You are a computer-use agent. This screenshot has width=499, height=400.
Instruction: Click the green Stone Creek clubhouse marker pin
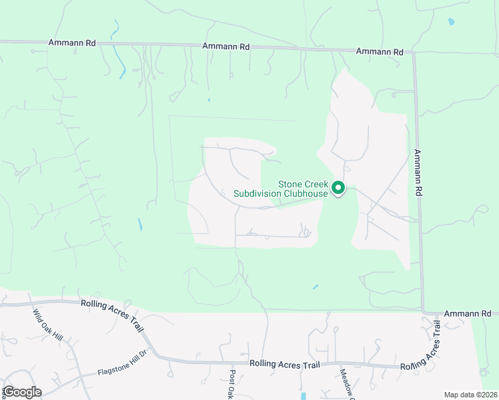(338, 188)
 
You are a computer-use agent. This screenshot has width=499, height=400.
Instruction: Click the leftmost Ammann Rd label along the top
(72, 43)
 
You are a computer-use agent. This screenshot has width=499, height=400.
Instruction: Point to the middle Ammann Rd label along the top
(225, 47)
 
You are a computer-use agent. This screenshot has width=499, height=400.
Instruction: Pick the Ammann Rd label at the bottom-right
(468, 313)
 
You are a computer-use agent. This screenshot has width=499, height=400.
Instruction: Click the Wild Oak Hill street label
(47, 325)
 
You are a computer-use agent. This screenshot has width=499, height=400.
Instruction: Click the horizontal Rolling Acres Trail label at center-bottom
(285, 364)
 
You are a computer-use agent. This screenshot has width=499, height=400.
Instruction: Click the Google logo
(21, 392)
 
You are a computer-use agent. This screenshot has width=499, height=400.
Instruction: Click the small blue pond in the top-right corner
(452, 22)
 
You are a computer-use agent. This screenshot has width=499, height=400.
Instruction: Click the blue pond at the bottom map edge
(303, 395)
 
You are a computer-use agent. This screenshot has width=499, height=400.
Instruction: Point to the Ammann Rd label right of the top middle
(380, 51)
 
